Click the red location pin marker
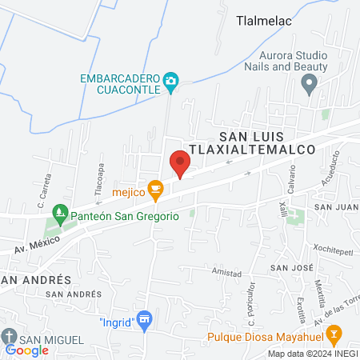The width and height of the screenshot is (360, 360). tap(180, 165)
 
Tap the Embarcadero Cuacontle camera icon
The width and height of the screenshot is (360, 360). tap(170, 81)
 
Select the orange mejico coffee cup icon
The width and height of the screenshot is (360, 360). tap(156, 190)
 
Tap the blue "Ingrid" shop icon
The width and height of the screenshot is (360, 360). tap(144, 322)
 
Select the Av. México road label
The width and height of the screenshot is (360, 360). tap(35, 246)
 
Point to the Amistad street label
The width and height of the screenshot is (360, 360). tap(226, 273)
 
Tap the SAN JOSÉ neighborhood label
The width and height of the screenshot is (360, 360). tap(290, 266)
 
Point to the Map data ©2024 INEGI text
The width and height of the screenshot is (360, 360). tap(312, 354)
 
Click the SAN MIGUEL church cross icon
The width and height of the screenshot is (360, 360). tap(9, 336)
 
